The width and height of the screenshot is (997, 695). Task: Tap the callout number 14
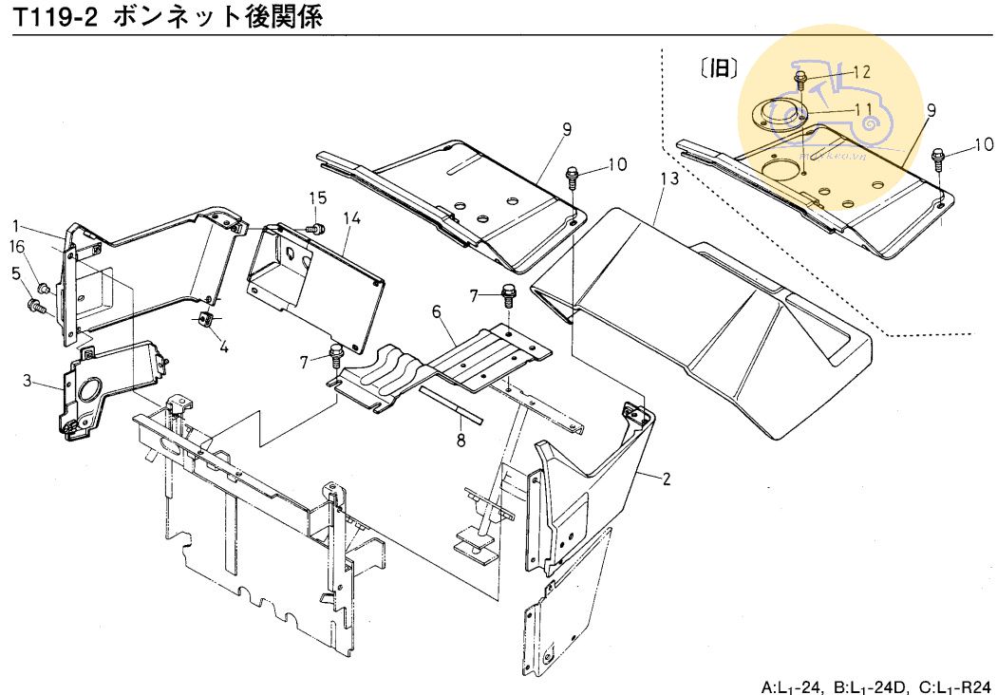(352, 218)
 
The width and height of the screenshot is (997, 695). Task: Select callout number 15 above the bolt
(317, 197)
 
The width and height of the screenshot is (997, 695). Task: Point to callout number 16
(16, 247)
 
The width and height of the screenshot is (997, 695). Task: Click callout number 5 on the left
(16, 274)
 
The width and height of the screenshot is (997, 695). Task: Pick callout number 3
(28, 382)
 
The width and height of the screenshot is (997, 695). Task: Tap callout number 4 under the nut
(224, 347)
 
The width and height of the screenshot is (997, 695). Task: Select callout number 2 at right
(667, 479)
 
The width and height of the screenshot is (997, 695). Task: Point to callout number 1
(16, 225)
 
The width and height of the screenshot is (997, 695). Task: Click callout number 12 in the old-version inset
(860, 72)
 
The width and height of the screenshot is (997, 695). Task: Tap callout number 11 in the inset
(863, 108)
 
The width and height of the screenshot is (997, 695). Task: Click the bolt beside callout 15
(318, 228)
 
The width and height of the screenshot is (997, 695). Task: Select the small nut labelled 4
(204, 318)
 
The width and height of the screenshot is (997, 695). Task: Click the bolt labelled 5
(36, 307)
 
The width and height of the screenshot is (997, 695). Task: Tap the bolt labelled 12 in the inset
(800, 78)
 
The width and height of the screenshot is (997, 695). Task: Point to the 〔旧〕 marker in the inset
(719, 68)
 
